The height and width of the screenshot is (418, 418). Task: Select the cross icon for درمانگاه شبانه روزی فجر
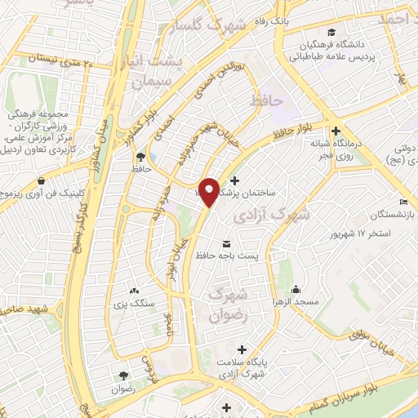tap(336, 131)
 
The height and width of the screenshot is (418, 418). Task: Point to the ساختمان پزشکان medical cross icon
tap(235, 180)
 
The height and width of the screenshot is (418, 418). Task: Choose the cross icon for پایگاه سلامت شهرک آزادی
tap(242, 349)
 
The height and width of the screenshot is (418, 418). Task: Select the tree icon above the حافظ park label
tap(141, 156)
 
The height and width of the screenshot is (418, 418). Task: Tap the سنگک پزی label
tap(135, 304)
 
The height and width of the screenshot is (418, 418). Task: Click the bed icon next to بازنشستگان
tap(403, 202)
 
